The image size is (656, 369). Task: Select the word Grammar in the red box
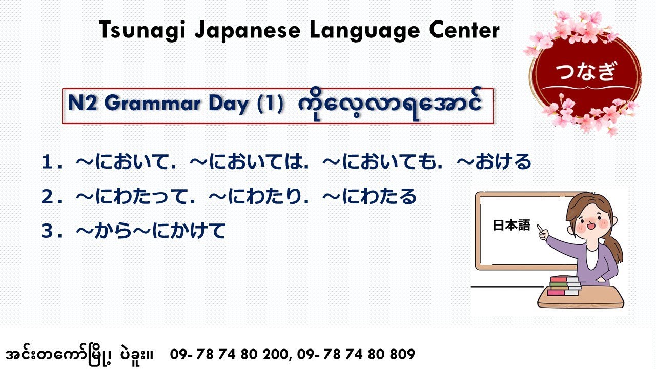click(154, 104)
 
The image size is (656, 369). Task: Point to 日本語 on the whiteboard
click(511, 226)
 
